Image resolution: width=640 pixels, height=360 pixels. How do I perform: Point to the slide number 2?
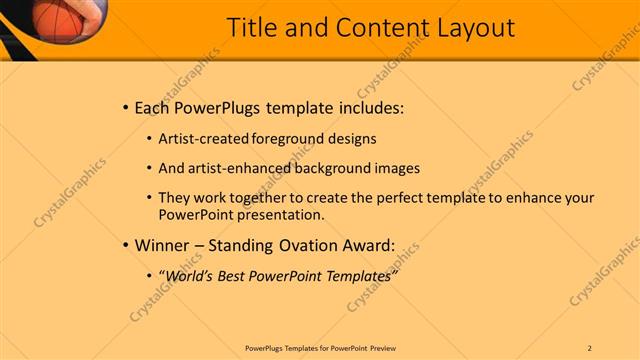pos(590,347)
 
